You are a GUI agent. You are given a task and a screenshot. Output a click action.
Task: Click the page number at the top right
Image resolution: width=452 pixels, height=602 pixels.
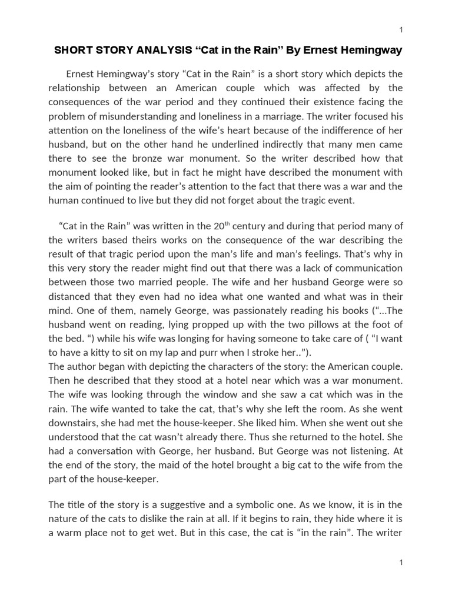pos(401,30)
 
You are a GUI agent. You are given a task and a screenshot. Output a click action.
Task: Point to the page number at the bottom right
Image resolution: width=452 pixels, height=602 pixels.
pos(401,563)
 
